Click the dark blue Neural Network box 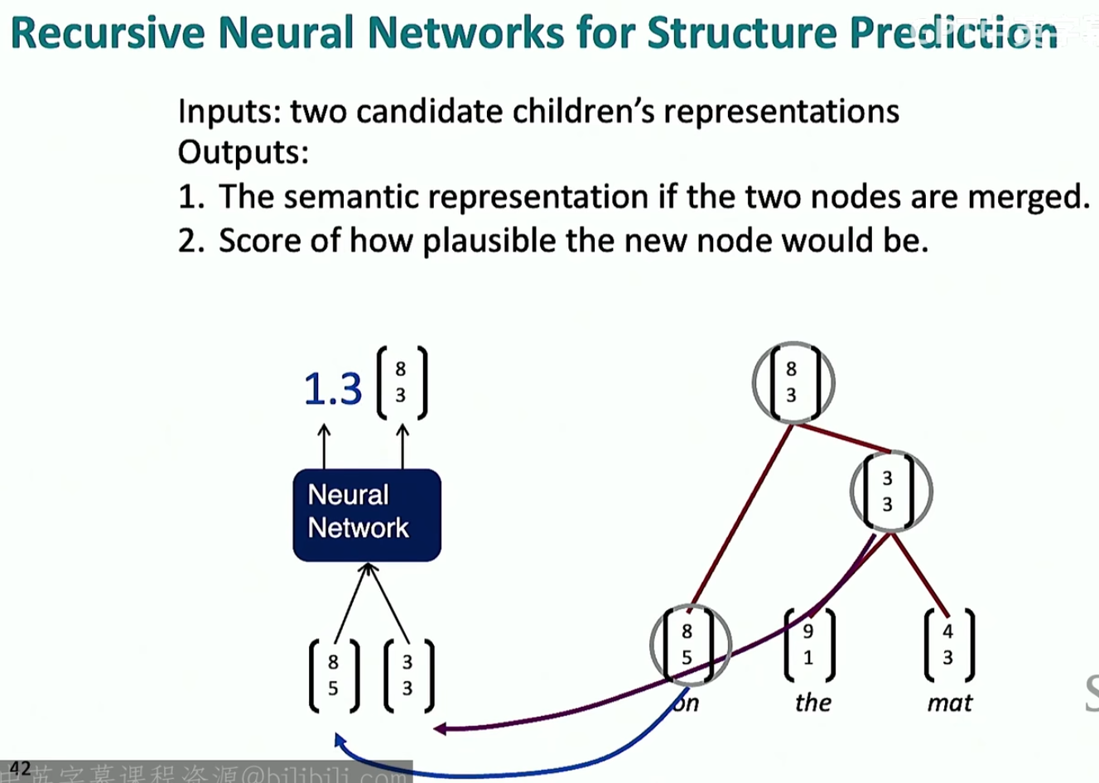(x=367, y=514)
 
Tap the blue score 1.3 (x=333, y=388)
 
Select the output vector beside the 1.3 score (x=402, y=382)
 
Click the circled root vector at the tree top (x=793, y=382)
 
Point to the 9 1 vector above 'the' (x=808, y=644)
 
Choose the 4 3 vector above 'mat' (x=948, y=644)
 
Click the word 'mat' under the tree (x=949, y=703)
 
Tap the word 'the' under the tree (x=812, y=703)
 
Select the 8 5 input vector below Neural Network (x=334, y=675)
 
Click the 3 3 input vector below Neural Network (x=408, y=675)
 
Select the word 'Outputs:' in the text (x=243, y=152)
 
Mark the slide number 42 (x=20, y=768)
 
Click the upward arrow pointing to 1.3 (x=324, y=446)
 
